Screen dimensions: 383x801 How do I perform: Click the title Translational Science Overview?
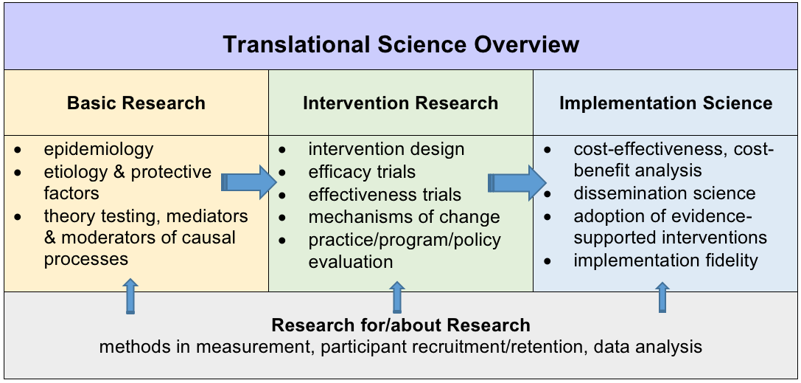tap(401, 44)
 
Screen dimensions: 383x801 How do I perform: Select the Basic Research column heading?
tap(136, 103)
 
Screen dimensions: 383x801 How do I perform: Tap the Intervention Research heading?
tap(400, 103)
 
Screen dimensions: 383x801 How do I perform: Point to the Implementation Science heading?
tap(665, 103)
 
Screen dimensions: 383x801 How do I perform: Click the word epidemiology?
tap(99, 149)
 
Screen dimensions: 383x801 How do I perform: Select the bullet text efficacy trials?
tap(362, 172)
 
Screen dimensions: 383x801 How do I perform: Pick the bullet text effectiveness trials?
tap(385, 195)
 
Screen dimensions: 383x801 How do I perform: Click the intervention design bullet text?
tap(386, 149)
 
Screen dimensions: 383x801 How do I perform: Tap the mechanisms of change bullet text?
tap(404, 217)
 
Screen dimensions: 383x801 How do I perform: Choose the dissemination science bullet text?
tap(664, 193)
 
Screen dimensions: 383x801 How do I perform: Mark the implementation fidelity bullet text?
tap(665, 260)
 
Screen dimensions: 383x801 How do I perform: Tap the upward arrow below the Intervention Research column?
tap(397, 297)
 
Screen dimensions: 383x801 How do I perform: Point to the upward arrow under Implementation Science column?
tap(662, 297)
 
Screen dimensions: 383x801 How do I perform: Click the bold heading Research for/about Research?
tap(400, 325)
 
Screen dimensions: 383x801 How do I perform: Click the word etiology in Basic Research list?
tap(72, 172)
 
